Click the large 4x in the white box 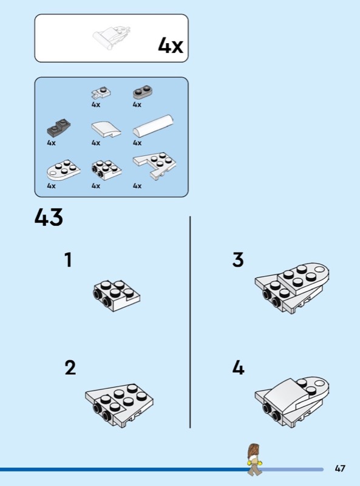tap(171, 45)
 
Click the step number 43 tap(49, 217)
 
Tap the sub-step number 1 tap(68, 260)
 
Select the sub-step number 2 tap(70, 368)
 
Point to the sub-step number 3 tap(238, 260)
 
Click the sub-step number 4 tap(238, 368)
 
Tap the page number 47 tap(340, 468)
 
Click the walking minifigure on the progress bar tap(254, 460)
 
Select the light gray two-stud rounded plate tap(143, 92)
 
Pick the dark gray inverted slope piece tap(58, 127)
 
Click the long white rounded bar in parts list tap(154, 126)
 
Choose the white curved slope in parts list tap(106, 129)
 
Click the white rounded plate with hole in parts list tap(64, 170)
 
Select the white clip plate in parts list tap(101, 92)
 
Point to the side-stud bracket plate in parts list tap(107, 170)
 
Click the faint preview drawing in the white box tap(112, 38)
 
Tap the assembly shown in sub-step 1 tap(117, 296)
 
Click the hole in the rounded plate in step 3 tap(319, 269)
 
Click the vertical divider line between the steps tap(190, 323)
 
